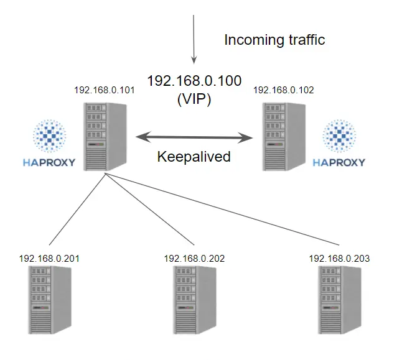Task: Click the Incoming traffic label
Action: (274, 40)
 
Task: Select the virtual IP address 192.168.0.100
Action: (194, 81)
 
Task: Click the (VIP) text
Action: (194, 98)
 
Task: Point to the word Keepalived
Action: (194, 156)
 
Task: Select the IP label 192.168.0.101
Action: (105, 90)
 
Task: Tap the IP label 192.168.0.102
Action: (284, 90)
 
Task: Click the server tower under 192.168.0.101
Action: (105, 137)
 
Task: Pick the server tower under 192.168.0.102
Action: (283, 137)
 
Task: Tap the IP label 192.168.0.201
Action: (49, 258)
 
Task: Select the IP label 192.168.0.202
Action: (195, 258)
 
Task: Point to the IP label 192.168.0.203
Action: (340, 258)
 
